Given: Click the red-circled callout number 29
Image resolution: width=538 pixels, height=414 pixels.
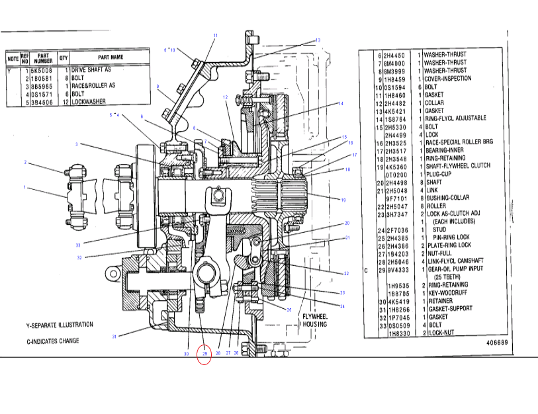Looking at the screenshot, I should (204, 354).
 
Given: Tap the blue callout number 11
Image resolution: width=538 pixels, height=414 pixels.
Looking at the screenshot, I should (215, 34).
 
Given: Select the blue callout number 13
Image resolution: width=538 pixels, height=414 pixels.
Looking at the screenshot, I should (318, 40).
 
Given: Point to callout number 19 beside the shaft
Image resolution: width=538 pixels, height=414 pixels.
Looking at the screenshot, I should (343, 200).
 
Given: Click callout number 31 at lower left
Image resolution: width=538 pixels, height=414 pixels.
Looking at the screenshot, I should (114, 337).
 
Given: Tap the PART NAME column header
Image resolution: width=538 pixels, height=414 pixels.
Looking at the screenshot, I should (111, 58).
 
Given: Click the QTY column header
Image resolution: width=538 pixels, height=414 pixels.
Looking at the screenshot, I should (64, 58).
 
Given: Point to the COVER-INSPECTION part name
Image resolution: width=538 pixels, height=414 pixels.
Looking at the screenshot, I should (447, 79).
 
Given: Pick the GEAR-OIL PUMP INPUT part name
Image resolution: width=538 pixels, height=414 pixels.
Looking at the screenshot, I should (455, 269).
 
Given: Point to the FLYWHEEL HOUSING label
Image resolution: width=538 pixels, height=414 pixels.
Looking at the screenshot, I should (314, 321).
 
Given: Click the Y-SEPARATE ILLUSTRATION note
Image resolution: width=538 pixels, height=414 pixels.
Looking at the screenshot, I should (60, 325).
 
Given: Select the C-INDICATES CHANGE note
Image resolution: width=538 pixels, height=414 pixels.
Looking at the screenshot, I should (52, 341).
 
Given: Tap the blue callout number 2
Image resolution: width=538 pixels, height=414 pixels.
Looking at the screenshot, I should (25, 162).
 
